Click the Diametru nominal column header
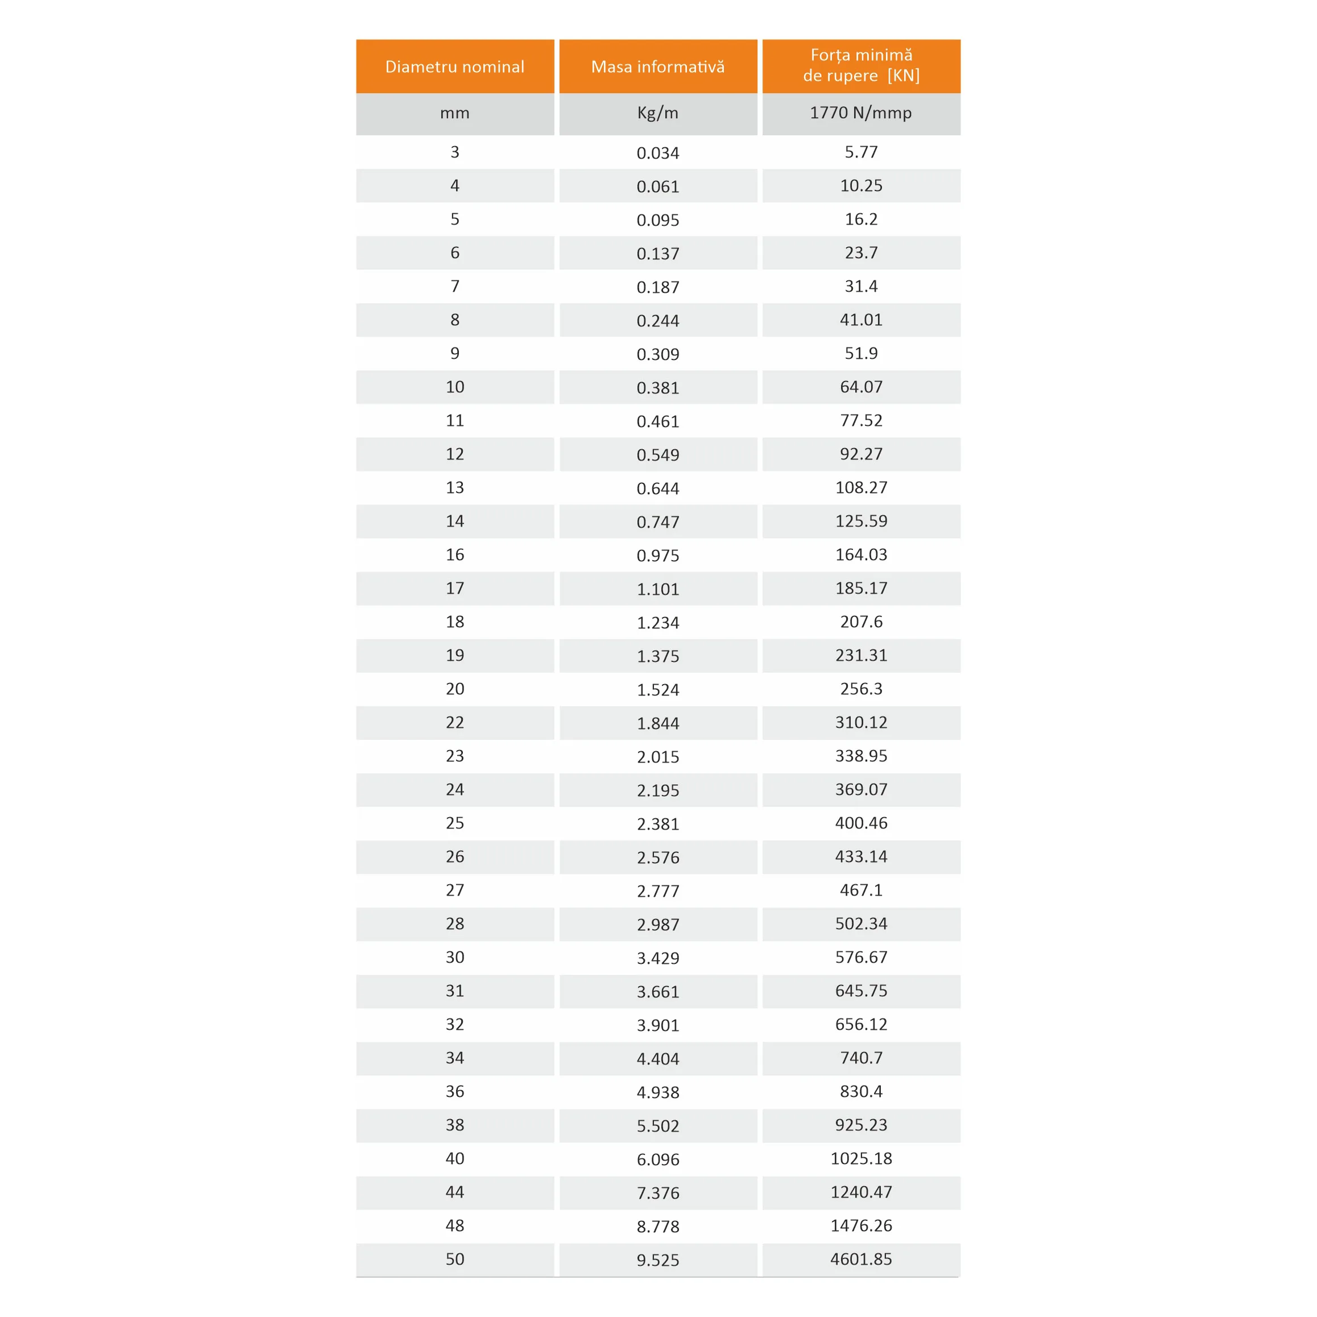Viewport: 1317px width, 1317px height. [455, 67]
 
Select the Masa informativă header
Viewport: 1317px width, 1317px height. [658, 67]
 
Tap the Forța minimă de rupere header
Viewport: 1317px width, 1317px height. [861, 65]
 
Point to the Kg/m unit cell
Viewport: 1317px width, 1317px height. [658, 113]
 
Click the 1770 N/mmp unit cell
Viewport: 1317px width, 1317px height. [861, 113]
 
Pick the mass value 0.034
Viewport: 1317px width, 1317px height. [658, 153]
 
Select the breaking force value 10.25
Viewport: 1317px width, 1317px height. [861, 185]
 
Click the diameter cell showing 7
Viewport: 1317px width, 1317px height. [455, 286]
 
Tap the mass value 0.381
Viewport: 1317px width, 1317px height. [658, 388]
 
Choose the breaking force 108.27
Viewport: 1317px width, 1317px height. [861, 487]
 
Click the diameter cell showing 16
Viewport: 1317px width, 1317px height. [455, 555]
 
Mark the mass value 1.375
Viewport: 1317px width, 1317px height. [658, 656]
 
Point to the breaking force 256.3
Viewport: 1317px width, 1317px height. [861, 689]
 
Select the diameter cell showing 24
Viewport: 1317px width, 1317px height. [455, 789]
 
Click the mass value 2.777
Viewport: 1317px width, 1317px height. [658, 891]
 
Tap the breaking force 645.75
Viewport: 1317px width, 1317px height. [861, 991]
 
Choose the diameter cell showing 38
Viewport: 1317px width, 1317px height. [455, 1125]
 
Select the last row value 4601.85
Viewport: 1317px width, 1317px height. [861, 1259]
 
